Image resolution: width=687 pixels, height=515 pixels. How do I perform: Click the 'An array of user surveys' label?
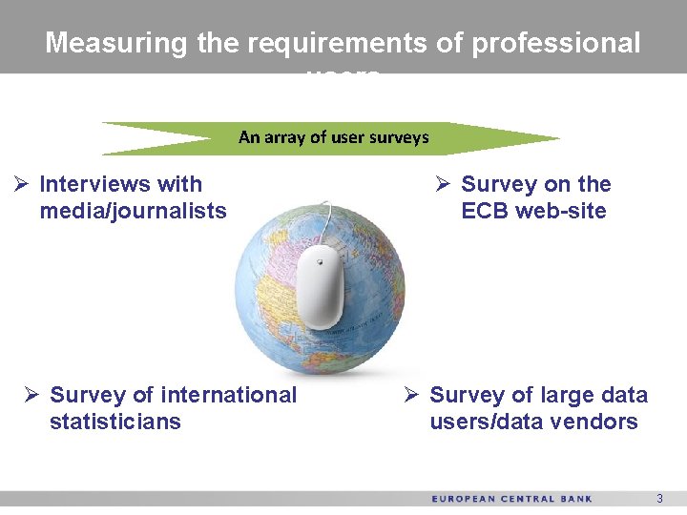click(x=334, y=137)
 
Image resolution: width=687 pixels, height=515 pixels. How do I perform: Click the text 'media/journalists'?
click(x=133, y=211)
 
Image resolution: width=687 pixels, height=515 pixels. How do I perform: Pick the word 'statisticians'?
click(x=114, y=422)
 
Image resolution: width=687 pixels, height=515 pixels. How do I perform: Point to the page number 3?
click(x=658, y=499)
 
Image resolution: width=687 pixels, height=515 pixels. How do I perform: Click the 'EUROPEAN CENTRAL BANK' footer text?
click(x=511, y=499)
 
